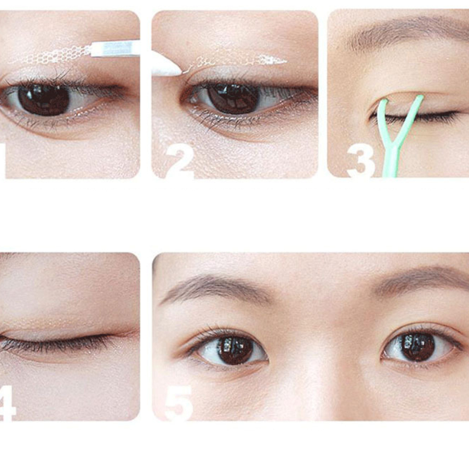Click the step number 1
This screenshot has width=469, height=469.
click(2, 160)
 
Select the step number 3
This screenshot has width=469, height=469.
click(361, 161)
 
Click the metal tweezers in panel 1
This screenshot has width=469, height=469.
click(115, 49)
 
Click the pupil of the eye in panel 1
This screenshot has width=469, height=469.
click(44, 98)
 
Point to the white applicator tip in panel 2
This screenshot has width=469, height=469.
click(165, 64)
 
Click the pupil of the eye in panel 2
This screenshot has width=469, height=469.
click(233, 98)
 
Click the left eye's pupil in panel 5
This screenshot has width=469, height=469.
click(235, 350)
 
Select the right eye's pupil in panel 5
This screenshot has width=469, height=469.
click(418, 346)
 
